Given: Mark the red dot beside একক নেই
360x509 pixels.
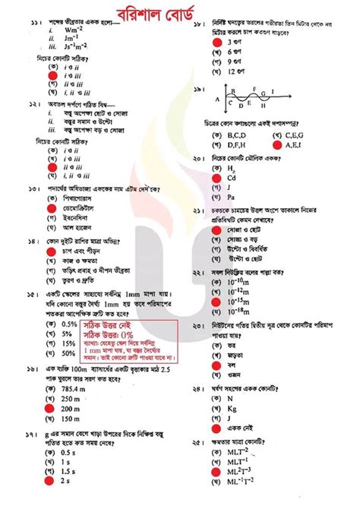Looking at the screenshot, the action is [215, 429].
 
